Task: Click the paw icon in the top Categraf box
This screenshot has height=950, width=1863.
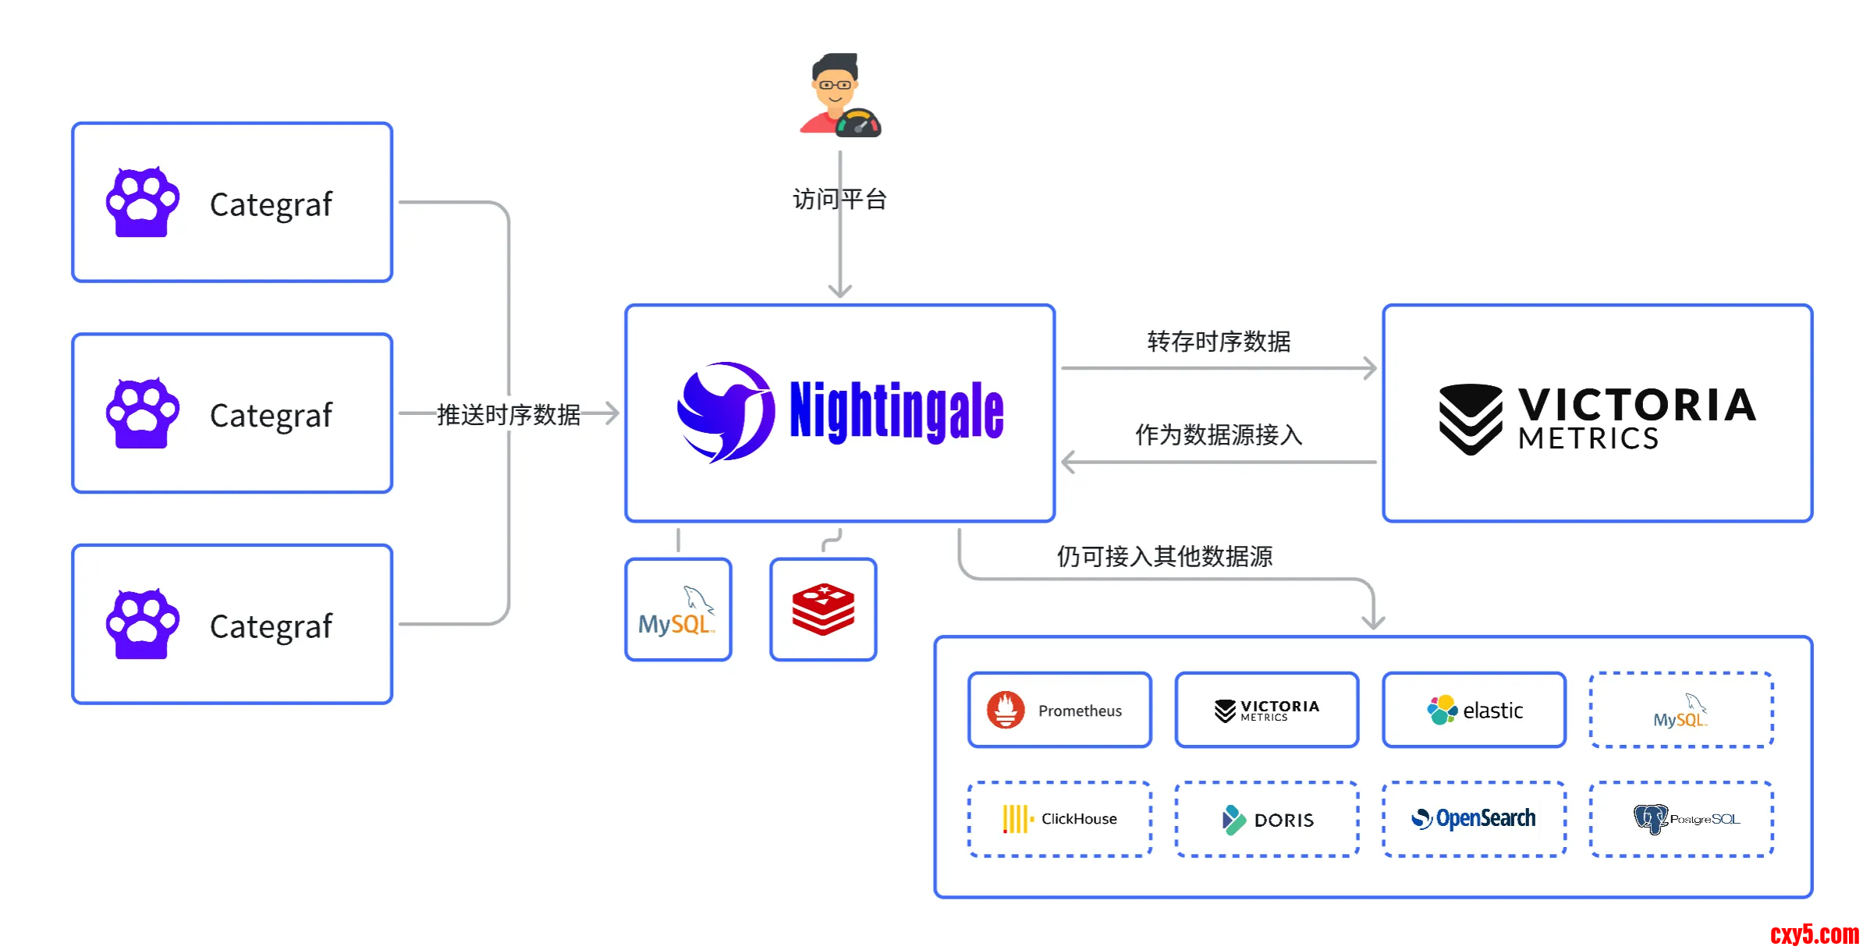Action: coord(143,203)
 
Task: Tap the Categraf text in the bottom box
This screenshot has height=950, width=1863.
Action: coord(271,626)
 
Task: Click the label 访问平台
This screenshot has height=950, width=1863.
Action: coord(839,200)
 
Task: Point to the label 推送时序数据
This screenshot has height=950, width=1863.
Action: coord(509,415)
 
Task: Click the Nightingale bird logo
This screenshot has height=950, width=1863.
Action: coord(726,412)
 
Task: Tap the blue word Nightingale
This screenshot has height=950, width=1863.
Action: coord(896,412)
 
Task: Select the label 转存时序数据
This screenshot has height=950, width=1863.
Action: coord(1219,342)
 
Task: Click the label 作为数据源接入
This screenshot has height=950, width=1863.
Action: coord(1219,435)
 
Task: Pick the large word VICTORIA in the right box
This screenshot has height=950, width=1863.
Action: coord(1637,406)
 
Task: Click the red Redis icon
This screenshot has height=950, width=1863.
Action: coord(823,609)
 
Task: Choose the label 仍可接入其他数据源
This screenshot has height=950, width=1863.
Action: coord(1164,557)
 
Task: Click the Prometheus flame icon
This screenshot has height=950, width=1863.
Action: coord(1006,710)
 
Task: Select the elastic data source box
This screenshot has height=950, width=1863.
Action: coord(1474,710)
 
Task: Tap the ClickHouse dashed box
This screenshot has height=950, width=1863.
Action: coord(1059,819)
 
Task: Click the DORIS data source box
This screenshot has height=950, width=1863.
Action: coord(1267,819)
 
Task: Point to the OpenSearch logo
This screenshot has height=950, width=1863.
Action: coord(1474,819)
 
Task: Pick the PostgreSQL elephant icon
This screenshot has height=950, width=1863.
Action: coord(1650,819)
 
